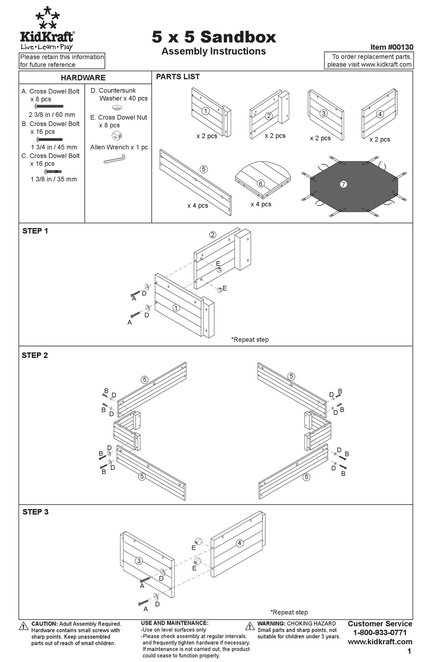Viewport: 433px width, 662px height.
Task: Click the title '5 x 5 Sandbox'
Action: pos(214,37)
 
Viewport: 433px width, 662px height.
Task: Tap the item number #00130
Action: pos(392,47)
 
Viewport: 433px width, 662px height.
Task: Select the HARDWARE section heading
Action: pos(83,78)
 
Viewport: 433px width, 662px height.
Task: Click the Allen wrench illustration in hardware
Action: pos(114,158)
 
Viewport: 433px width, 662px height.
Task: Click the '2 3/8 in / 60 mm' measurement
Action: pos(52,115)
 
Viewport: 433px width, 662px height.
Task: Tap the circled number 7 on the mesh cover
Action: pos(344,184)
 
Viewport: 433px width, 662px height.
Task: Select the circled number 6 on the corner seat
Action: pos(261,183)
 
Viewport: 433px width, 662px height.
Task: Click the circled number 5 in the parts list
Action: pos(204,169)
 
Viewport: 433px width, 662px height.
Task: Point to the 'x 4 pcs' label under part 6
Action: pos(261,204)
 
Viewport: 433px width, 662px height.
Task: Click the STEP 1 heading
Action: pos(35,231)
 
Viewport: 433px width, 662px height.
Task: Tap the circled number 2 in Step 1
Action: pos(213,235)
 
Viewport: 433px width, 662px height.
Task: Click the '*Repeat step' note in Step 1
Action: pos(250,339)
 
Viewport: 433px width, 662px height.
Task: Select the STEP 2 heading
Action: pos(35,356)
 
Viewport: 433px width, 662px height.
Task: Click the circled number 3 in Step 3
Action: pos(139,561)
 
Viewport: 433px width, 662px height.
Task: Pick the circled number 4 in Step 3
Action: pos(239,543)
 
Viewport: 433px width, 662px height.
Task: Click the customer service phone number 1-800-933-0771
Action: pos(380,632)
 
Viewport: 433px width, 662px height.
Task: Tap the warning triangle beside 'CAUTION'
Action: pos(24,626)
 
